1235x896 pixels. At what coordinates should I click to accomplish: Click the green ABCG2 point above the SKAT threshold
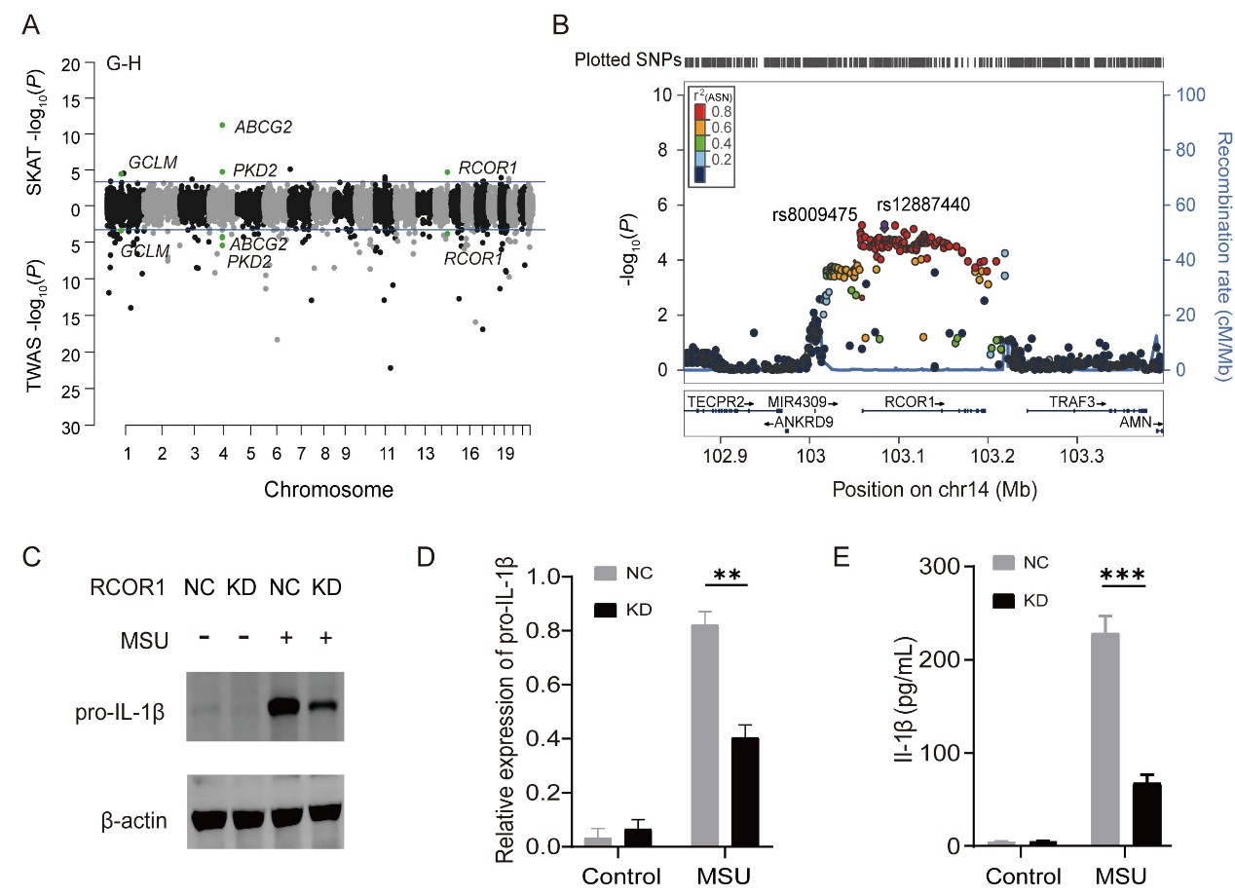coord(222,125)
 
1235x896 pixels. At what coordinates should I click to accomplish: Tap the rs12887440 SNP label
coord(922,204)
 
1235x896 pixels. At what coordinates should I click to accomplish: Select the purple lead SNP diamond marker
coord(883,225)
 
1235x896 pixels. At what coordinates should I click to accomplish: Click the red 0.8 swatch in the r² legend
coord(699,112)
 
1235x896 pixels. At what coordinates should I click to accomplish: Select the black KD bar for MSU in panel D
coord(745,792)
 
